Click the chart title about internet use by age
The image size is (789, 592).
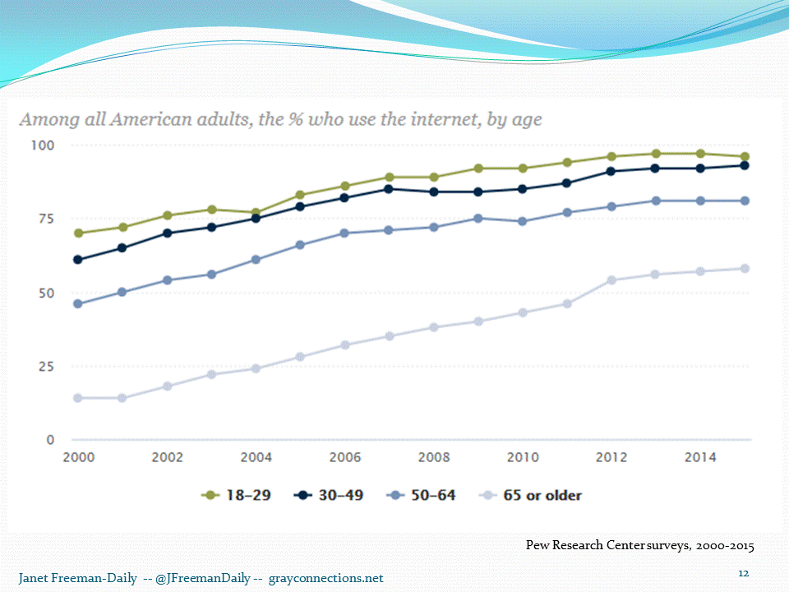pyautogui.click(x=280, y=120)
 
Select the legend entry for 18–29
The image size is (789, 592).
pyautogui.click(x=237, y=495)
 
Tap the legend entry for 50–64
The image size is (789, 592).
pyautogui.click(x=421, y=495)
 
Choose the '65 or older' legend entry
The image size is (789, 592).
pyautogui.click(x=530, y=495)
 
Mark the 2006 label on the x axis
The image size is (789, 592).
pyautogui.click(x=344, y=457)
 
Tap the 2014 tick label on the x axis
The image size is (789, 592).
pyautogui.click(x=699, y=457)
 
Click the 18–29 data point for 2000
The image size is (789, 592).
pyautogui.click(x=78, y=233)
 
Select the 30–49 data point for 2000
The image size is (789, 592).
pyautogui.click(x=78, y=260)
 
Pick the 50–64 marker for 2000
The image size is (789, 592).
pyautogui.click(x=78, y=303)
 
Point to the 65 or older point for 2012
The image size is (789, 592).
pyautogui.click(x=611, y=280)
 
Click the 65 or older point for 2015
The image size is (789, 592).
pyautogui.click(x=744, y=268)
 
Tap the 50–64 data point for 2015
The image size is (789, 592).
pyautogui.click(x=744, y=201)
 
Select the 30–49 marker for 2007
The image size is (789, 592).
pyautogui.click(x=389, y=189)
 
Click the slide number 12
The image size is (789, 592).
pyautogui.click(x=744, y=573)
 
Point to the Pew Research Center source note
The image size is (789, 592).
pyautogui.click(x=639, y=545)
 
